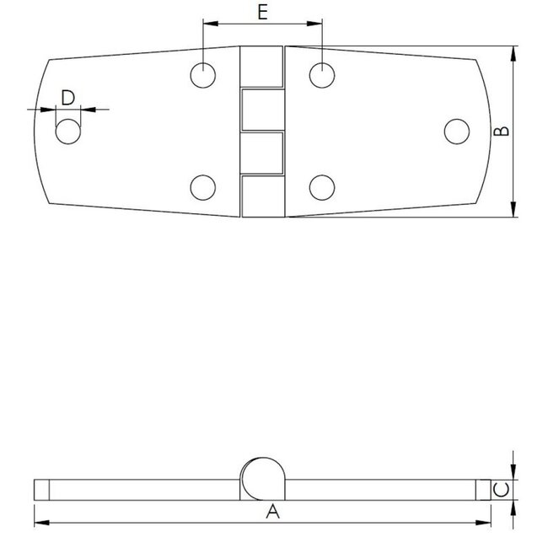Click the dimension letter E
click(262, 12)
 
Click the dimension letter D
click(68, 97)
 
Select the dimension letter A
click(271, 511)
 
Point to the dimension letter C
click(499, 489)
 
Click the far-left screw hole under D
click(68, 132)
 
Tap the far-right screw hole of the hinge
click(456, 131)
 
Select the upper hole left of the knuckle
click(202, 75)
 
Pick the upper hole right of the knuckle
click(322, 75)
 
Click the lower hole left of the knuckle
click(202, 187)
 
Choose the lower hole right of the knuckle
click(322, 187)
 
